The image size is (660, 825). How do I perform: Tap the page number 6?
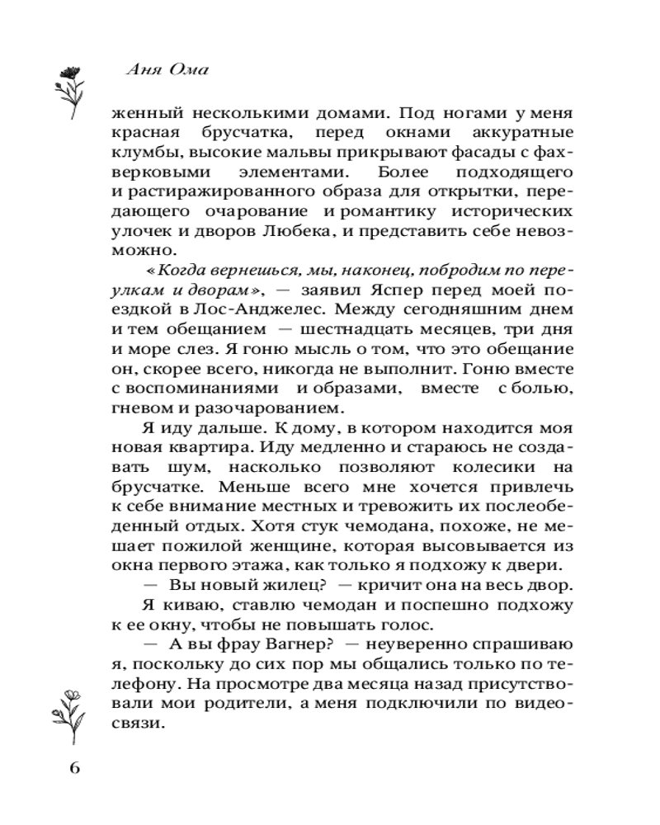pos(73,768)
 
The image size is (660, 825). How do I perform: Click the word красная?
pos(142,132)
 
